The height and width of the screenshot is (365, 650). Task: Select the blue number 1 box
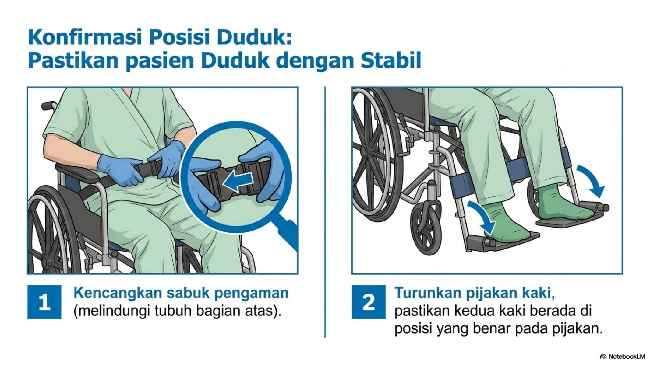(44, 302)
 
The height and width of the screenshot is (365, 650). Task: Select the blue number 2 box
(369, 302)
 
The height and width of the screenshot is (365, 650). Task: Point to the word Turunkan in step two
(427, 293)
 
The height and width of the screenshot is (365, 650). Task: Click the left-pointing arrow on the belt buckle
(238, 182)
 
